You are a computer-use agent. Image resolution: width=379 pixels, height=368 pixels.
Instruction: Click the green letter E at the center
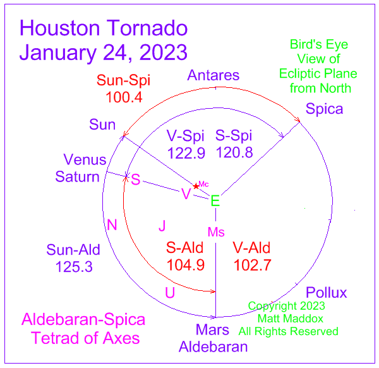coord(215,200)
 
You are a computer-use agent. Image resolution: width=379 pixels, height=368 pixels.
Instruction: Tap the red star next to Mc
coord(196,187)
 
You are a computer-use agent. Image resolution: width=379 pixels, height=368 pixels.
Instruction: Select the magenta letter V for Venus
coord(186,193)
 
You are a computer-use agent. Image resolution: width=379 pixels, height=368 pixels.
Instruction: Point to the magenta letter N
coord(112,224)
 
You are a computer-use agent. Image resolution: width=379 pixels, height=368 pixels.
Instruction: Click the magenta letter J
coord(162,226)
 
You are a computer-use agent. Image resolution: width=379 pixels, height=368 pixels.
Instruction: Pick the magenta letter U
coord(170,293)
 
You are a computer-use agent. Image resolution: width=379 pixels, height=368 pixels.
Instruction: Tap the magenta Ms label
coord(216,232)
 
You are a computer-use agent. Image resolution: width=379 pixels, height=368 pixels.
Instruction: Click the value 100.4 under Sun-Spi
coord(124,97)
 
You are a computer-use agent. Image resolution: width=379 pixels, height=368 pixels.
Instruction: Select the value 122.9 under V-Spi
coord(186,153)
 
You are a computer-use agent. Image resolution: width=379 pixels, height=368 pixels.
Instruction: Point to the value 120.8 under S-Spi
coord(234,152)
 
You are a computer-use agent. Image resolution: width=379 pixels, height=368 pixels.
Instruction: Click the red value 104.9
coord(186,265)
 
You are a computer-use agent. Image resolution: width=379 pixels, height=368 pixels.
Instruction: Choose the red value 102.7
coord(252,265)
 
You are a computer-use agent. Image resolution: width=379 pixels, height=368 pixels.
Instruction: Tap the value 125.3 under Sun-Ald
coord(74,267)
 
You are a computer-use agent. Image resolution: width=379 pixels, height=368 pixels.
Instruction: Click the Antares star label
coord(214,75)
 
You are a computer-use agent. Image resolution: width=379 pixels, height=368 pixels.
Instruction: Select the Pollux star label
coord(327,293)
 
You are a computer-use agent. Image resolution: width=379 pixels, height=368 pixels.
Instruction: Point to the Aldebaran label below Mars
coord(214,347)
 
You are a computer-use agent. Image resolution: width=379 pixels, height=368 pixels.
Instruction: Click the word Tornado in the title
coord(147,28)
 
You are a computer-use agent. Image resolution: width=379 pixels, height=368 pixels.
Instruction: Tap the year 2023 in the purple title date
coord(164,52)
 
